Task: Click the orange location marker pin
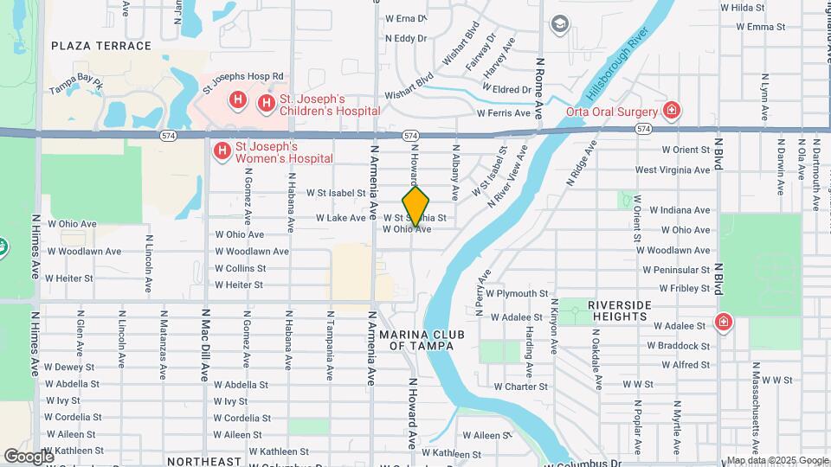(416, 206)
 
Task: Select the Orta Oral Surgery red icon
(671, 110)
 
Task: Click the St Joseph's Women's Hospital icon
(222, 152)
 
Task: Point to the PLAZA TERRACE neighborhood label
(95, 45)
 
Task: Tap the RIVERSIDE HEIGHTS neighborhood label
(619, 311)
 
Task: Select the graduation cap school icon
(559, 24)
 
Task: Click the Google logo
(28, 456)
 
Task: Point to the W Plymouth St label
(517, 293)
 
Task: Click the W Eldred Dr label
(506, 89)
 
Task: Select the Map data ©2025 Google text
(776, 460)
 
